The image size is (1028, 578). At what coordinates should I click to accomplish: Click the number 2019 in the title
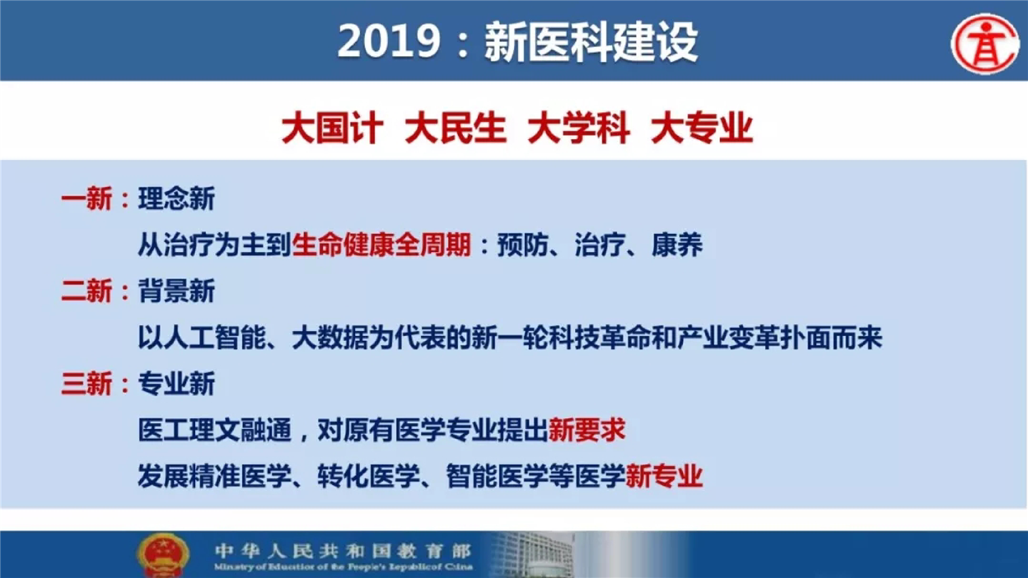tap(389, 41)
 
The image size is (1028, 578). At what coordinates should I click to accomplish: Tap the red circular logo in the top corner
tap(985, 43)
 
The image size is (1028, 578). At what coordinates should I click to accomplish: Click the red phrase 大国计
tap(333, 128)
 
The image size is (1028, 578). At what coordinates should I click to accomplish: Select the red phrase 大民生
tap(456, 128)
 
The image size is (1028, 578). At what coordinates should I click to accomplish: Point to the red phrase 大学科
tap(579, 128)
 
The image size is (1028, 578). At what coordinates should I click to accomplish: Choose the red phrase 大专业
tap(702, 128)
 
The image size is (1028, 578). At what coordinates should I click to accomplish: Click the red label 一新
tap(86, 199)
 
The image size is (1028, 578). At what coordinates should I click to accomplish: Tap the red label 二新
tap(86, 291)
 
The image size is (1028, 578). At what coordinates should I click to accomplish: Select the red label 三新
tap(86, 384)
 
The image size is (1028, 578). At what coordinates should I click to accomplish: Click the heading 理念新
tap(176, 199)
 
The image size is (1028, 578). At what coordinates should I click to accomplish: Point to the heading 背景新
tap(176, 291)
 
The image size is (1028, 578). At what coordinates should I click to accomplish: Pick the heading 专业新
tap(176, 384)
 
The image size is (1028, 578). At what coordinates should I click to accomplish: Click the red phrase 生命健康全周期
tap(381, 245)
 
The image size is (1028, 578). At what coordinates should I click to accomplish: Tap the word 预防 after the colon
tap(523, 245)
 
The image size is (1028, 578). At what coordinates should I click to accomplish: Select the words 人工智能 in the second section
tap(215, 338)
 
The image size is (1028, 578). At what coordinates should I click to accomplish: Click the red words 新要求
tap(587, 430)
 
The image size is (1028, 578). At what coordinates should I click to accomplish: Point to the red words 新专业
tap(664, 476)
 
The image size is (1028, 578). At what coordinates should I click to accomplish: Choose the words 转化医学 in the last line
tap(369, 476)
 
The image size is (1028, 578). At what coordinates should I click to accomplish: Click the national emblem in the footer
tap(163, 555)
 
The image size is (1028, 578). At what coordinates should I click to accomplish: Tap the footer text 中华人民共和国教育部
tap(344, 552)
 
